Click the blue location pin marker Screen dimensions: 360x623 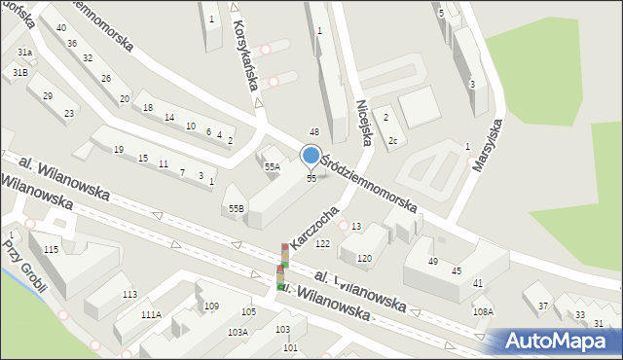311,156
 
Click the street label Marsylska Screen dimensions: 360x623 486,142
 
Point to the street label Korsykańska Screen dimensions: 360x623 243,58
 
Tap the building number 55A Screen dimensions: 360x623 273,167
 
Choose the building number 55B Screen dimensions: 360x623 236,208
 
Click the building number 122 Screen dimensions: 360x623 323,243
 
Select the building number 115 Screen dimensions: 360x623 51,251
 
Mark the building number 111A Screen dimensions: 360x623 151,314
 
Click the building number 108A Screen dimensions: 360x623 483,311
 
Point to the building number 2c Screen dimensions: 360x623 392,141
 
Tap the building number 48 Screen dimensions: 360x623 314,131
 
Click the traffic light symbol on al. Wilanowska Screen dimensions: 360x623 282,267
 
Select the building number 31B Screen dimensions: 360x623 20,73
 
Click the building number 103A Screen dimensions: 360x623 238,332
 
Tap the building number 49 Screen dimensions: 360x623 433,262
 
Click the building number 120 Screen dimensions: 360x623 364,258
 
